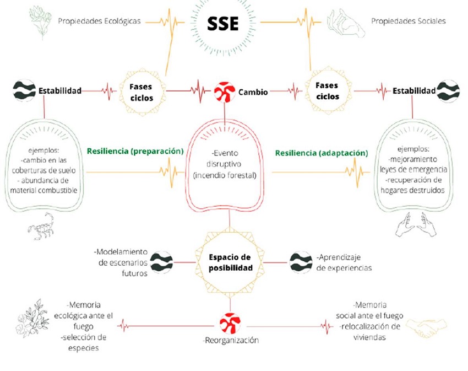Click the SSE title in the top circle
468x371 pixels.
point(223,24)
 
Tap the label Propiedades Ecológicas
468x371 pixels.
point(99,21)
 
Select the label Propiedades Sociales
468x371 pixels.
point(408,21)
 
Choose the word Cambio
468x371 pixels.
point(253,92)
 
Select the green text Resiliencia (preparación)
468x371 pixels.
point(134,150)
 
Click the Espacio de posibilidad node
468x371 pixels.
point(230,262)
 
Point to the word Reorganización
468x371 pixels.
point(230,340)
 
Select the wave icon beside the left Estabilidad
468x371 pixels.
point(24,90)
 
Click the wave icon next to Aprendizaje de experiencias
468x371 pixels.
point(301,262)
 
